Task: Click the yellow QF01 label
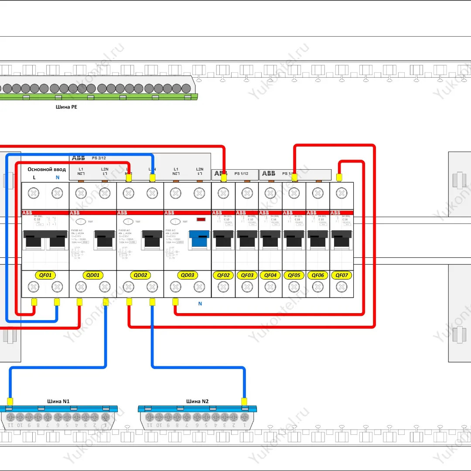[x=45, y=275]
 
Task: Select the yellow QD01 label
[x=92, y=275]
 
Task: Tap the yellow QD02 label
[x=140, y=275]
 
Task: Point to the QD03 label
[x=188, y=275]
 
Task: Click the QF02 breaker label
[x=223, y=275]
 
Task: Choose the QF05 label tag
[x=294, y=275]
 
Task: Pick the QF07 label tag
[x=341, y=275]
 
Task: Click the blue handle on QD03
[x=199, y=240]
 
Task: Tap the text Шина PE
[x=66, y=106]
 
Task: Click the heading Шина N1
[x=58, y=401]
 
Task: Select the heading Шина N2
[x=198, y=401]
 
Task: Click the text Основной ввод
[x=47, y=169]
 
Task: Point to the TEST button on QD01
[x=81, y=222]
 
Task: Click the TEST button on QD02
[x=128, y=222]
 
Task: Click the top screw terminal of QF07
[x=341, y=192]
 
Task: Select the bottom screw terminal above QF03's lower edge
[x=247, y=287]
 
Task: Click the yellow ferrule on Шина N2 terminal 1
[x=244, y=401]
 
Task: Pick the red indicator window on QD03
[x=201, y=220]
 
